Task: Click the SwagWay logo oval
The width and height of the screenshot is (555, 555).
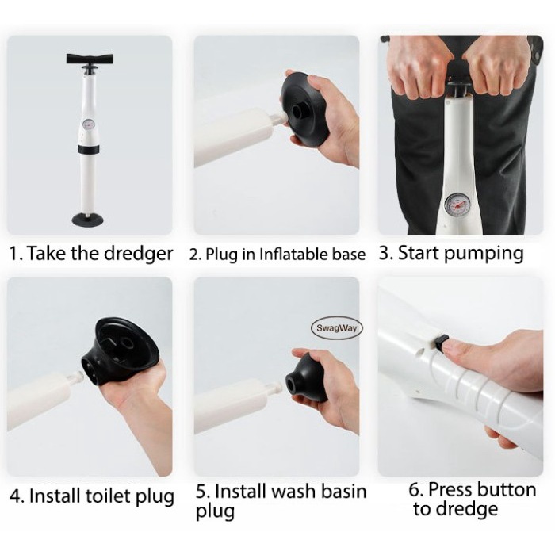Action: click(x=336, y=327)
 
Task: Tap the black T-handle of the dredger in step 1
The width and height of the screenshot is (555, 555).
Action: click(x=90, y=59)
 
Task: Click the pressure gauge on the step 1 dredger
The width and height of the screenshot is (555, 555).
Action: click(x=87, y=124)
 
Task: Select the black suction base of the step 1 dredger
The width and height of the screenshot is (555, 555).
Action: click(x=88, y=219)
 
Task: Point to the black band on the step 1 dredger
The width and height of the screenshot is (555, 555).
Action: click(x=89, y=149)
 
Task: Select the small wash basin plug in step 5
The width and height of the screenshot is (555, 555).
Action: click(x=307, y=378)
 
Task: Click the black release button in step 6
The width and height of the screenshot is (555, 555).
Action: click(x=441, y=341)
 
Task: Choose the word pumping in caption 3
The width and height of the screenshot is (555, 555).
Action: click(x=484, y=254)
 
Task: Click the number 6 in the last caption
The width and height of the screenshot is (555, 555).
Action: click(x=414, y=490)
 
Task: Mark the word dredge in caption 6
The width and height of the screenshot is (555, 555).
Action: click(x=466, y=509)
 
